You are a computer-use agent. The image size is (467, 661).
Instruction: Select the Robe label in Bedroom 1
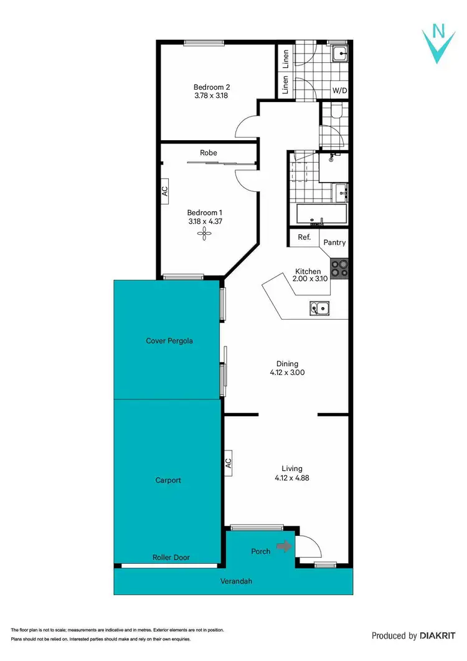(209, 153)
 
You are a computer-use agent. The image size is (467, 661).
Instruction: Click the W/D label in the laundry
(339, 91)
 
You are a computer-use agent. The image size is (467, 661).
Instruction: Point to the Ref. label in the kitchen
(304, 237)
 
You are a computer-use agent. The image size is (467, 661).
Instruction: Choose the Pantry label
(334, 243)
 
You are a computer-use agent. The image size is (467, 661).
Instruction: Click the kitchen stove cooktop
(339, 268)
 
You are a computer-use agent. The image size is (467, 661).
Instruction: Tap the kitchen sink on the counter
(321, 307)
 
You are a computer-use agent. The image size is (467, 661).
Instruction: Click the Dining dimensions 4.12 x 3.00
(287, 373)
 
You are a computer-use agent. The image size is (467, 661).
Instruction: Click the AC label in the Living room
(228, 463)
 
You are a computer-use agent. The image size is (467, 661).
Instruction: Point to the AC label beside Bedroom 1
(165, 191)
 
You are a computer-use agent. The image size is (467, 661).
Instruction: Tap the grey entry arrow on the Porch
(284, 546)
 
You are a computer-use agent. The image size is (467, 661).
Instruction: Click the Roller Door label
(171, 558)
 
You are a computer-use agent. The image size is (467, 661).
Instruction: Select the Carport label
(168, 480)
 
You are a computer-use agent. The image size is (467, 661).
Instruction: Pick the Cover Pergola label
(169, 341)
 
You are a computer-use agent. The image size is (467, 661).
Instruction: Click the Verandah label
(238, 581)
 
